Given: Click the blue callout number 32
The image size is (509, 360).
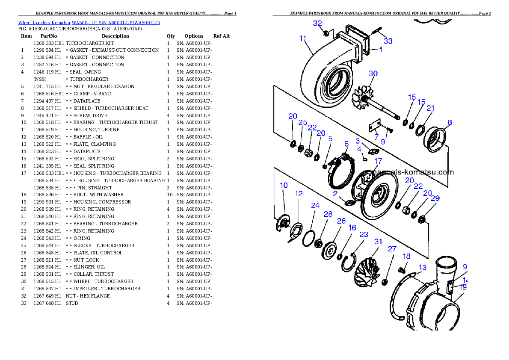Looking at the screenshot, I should click(317, 24).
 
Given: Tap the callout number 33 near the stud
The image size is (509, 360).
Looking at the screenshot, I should click(388, 41).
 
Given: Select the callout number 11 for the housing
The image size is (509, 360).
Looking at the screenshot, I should click(303, 38).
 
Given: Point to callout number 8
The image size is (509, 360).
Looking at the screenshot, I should click(450, 122).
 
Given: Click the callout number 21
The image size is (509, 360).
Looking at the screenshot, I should click(430, 108).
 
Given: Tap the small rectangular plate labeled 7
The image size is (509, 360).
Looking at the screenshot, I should click(375, 127).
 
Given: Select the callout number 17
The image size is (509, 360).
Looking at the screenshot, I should click(378, 161).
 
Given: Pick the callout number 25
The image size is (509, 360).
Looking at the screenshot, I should click(302, 123).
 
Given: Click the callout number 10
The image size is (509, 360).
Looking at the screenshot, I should click(284, 185).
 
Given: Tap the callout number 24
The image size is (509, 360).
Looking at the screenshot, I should click(315, 206).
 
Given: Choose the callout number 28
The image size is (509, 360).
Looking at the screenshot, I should click(328, 214).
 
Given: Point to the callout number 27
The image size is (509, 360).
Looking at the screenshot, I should click(392, 249).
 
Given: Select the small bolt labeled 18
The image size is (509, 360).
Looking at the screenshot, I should click(402, 270).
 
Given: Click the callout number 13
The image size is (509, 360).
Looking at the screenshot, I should click(422, 268).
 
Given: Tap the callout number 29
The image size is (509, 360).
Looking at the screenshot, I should click(435, 198).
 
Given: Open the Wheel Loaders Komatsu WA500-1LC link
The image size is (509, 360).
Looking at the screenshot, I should click(89, 22).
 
